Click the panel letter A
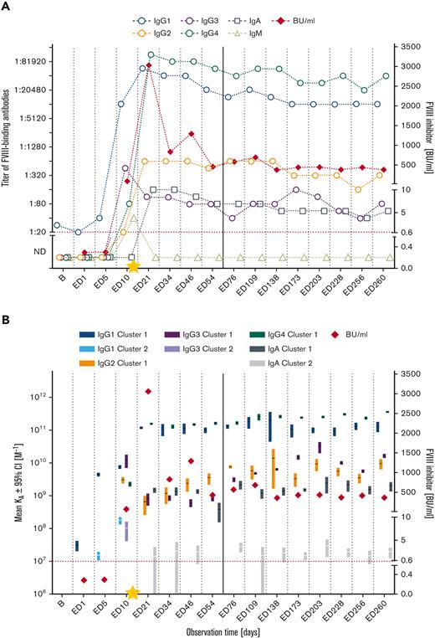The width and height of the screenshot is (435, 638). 8,8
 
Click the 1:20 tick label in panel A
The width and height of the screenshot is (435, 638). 35,232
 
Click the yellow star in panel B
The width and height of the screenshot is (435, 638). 133,593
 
